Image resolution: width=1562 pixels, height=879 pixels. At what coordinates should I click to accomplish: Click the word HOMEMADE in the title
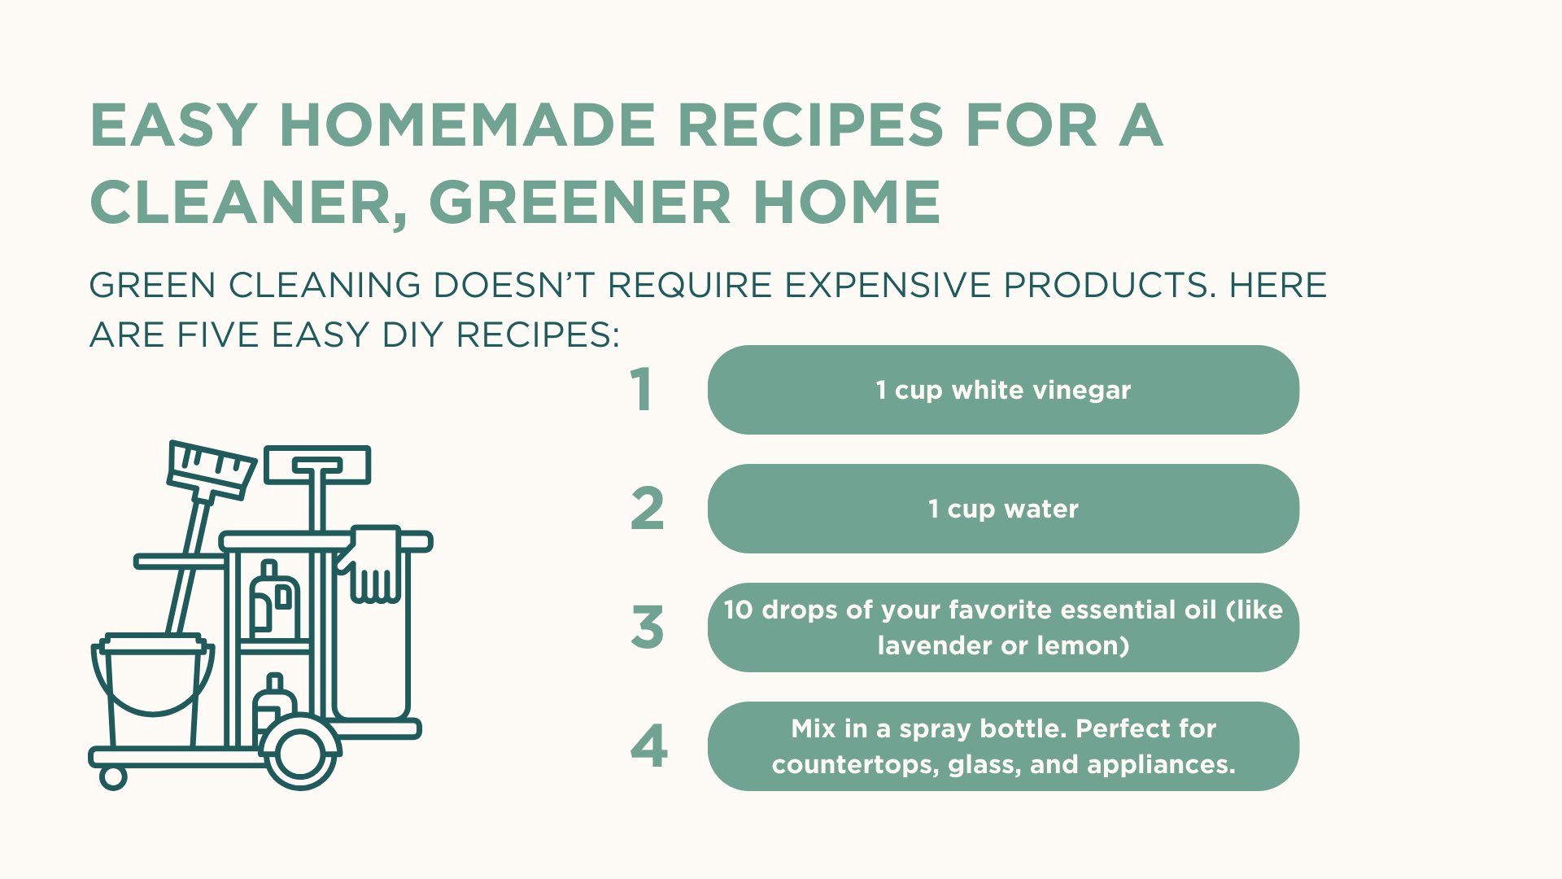(467, 126)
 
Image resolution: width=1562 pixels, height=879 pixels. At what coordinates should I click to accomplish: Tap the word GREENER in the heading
(579, 203)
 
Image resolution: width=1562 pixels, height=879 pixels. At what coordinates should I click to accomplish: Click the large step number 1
(642, 390)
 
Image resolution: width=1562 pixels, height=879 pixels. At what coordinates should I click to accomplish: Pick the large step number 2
(648, 509)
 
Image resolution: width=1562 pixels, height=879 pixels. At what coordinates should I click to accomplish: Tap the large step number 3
(648, 628)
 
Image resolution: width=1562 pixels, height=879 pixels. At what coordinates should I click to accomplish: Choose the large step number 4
(648, 746)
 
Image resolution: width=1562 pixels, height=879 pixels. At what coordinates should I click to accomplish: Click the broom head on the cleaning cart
(212, 470)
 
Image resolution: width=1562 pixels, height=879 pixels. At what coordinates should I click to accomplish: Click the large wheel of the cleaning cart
(300, 753)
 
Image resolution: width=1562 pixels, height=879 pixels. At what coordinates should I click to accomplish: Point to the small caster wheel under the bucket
(113, 777)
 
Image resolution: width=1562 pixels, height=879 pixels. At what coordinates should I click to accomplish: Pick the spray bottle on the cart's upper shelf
(273, 602)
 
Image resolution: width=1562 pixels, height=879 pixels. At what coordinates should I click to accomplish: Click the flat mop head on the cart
(317, 465)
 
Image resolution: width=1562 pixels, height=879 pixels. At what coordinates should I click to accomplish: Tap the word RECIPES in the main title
(810, 126)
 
